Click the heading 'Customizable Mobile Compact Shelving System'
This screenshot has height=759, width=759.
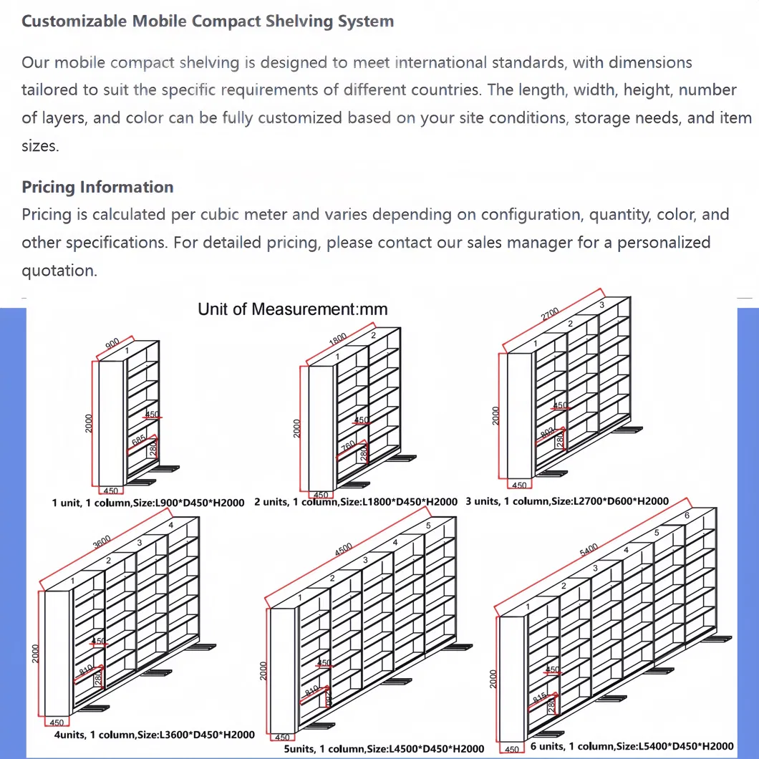coord(208,21)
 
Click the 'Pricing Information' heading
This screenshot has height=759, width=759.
coord(97,187)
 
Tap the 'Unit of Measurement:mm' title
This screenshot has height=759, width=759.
coord(292,309)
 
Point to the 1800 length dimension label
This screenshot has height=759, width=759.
coord(337,339)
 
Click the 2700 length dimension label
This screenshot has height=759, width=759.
coord(550,314)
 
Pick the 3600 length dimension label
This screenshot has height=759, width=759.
coord(102,543)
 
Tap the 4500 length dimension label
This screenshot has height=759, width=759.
coord(344,550)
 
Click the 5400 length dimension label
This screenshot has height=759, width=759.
coord(588,550)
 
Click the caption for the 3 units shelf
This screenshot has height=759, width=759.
coord(566,501)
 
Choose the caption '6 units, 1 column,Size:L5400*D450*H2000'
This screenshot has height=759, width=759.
coord(632,746)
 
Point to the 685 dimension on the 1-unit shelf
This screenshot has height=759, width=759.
coord(139,442)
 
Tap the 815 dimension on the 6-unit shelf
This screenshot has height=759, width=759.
coord(540,696)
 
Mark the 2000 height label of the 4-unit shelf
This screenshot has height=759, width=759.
coord(37,653)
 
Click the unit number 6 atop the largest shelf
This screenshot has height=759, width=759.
coord(687,516)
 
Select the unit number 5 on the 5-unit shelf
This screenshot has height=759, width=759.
coord(427,526)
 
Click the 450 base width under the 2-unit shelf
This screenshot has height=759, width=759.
coord(321,495)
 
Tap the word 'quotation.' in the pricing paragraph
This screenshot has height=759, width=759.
coord(59,271)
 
